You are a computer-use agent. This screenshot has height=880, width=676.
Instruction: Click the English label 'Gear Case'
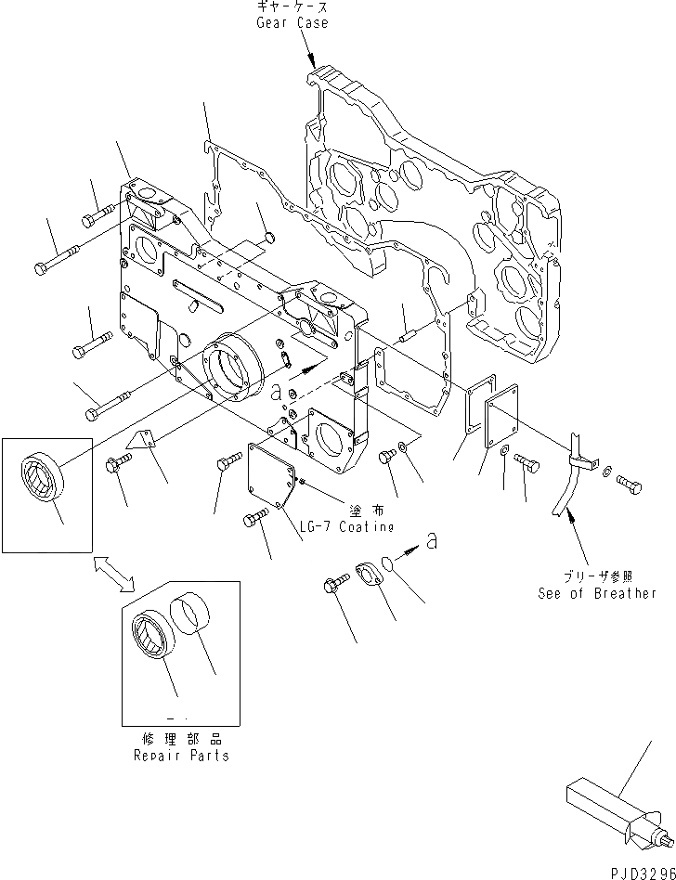(292, 22)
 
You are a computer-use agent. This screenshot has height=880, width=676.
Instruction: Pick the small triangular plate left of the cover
(141, 442)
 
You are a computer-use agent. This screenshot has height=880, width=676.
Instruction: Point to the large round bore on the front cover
(227, 372)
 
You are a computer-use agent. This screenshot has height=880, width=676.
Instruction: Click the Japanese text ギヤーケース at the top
(292, 7)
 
